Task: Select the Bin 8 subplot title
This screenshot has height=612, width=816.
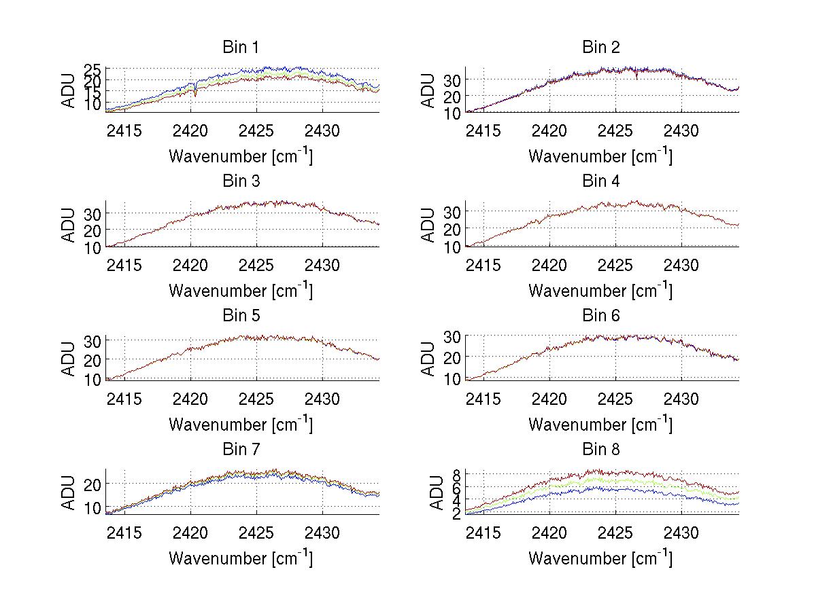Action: point(601,450)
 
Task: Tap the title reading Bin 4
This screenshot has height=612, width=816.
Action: point(601,181)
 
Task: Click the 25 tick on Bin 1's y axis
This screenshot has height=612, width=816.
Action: point(93,69)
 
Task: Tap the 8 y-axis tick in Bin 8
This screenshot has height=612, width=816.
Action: point(457,474)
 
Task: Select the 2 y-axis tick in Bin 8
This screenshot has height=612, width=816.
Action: point(457,514)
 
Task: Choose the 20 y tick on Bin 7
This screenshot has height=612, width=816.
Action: point(93,484)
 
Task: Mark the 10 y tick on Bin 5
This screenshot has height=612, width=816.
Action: point(93,378)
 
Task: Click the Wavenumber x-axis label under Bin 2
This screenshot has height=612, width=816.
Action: point(600,156)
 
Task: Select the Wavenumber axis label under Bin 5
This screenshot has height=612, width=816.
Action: point(241,425)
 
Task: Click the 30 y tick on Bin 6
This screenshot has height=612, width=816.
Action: point(453,336)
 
